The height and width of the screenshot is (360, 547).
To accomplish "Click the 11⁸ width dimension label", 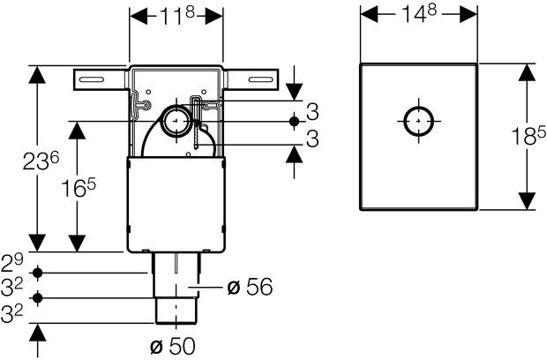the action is (176, 16).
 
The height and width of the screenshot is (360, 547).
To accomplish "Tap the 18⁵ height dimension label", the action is (528, 135).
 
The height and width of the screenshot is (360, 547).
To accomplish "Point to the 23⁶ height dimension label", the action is (41, 161).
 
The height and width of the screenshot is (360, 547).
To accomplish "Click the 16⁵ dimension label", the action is (78, 188).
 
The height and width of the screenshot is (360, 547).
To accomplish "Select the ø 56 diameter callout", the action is (250, 287).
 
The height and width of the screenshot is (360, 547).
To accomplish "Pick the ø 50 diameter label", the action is (173, 346).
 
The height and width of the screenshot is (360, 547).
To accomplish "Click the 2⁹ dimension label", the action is (11, 263).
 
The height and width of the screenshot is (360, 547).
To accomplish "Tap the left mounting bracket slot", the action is (92, 79).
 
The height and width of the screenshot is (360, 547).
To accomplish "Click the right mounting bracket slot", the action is (260, 79).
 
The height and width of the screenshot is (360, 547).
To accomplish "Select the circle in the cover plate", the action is (418, 121).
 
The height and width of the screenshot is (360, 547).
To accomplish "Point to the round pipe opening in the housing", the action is (176, 121).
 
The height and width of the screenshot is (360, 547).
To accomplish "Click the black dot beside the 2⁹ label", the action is (38, 273).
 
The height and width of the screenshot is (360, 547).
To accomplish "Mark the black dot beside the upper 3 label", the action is (294, 122).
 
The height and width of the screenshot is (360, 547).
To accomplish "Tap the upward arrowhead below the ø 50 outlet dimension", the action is (38, 333).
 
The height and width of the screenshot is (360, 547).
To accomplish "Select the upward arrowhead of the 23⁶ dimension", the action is (38, 74).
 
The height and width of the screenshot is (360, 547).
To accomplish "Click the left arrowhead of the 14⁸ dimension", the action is (370, 15).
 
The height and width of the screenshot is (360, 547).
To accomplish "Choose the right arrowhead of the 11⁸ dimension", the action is (214, 16).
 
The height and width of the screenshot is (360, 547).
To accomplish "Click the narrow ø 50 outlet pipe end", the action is (176, 311).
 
